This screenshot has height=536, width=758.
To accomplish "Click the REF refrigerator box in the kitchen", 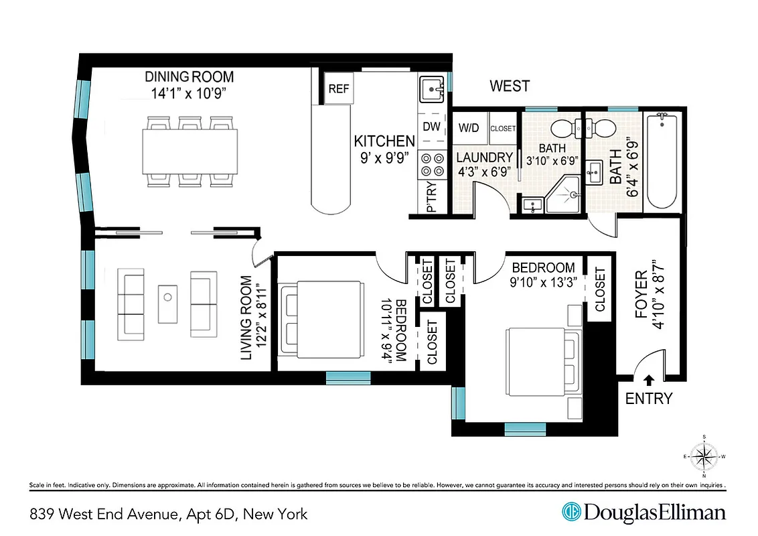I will tap(339, 89).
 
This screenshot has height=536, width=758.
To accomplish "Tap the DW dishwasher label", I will tap(431, 127).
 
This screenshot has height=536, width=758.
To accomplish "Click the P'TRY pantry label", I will tap(431, 199).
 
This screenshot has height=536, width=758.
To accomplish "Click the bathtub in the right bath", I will tap(661, 161).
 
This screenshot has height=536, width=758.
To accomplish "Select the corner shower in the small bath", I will tap(564, 195).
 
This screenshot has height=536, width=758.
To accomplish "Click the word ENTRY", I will tap(648, 399).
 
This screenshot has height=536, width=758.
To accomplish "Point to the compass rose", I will tap(703, 457).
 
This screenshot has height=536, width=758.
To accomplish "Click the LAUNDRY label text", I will tap(484, 157).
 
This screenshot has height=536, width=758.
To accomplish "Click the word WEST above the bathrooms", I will tap(509, 86).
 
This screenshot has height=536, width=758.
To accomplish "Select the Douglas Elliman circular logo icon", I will tap(571, 512).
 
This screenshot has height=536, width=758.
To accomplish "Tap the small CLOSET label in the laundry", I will tap(503, 128).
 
